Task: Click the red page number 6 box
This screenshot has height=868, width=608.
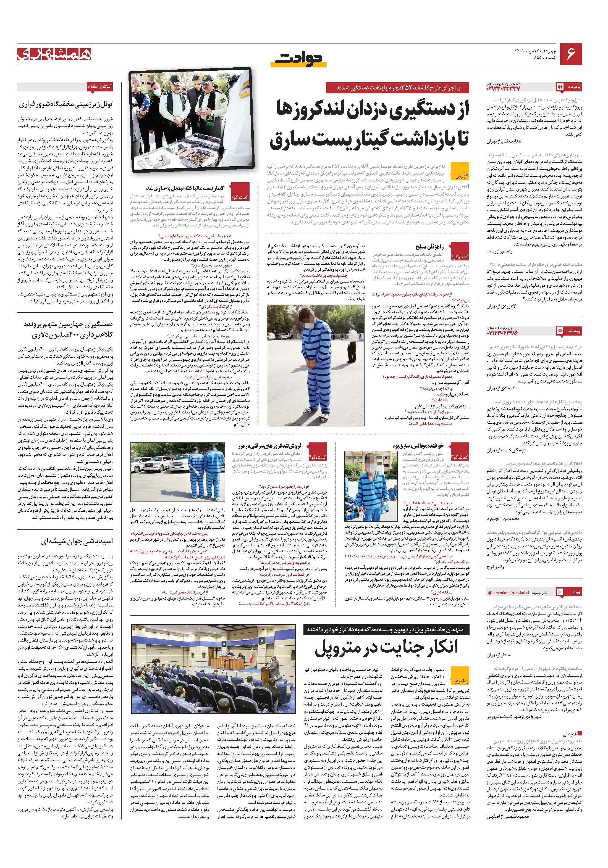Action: (570, 54)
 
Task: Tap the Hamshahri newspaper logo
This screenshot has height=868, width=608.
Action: (54, 54)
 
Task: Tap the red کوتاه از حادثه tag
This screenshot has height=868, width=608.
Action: (99, 86)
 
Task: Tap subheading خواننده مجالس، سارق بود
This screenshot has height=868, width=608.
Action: (417, 446)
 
